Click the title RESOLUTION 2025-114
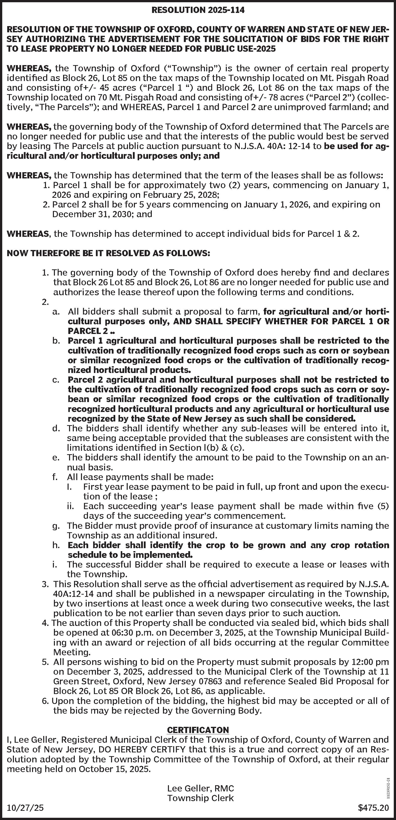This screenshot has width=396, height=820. (x=198, y=10)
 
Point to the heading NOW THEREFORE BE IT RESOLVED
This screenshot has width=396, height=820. (x=108, y=253)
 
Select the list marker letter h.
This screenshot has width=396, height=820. (x=56, y=545)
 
